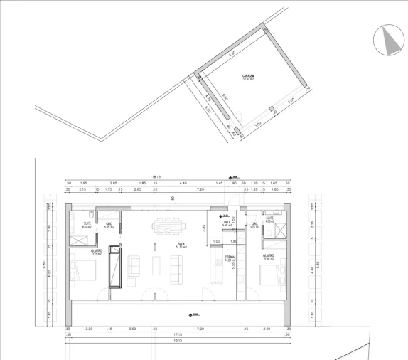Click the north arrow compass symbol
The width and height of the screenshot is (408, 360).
point(387,38)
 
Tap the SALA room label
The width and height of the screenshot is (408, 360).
point(181,243)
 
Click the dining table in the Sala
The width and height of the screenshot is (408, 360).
point(170,226)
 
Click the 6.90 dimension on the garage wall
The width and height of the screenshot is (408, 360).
point(232,53)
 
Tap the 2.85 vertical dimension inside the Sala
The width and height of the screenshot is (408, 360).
point(203,228)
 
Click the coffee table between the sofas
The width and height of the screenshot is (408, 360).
point(157,267)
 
